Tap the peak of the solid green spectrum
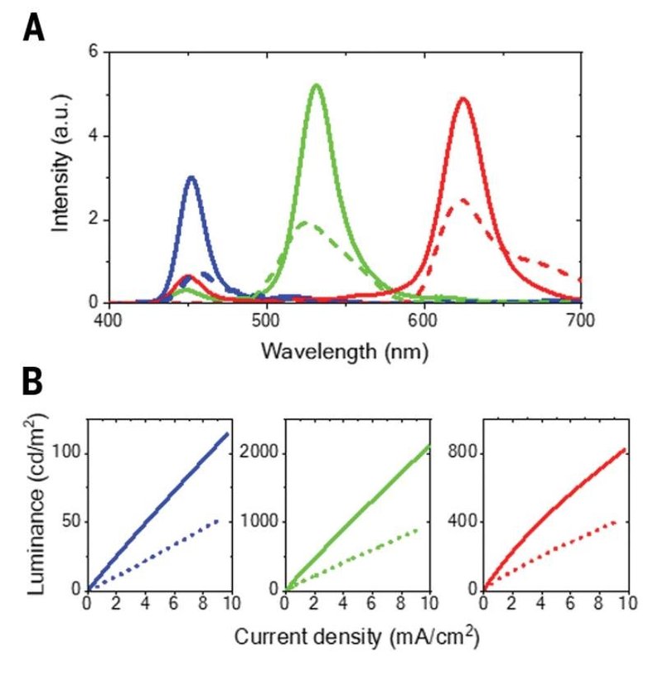316,85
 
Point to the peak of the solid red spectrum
462,99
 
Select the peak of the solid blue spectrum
191,177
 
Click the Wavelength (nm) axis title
345,350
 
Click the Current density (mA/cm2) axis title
357,638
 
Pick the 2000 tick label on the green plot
260,453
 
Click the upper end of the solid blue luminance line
227,433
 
